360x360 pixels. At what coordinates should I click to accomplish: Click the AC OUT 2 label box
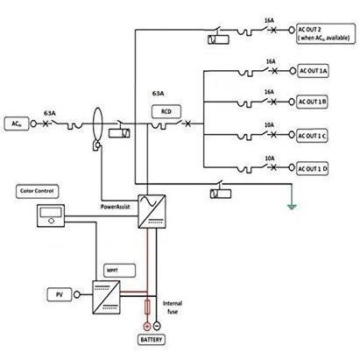(326, 34)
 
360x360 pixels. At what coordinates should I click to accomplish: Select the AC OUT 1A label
(313, 71)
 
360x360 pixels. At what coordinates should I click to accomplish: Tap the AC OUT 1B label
(312, 102)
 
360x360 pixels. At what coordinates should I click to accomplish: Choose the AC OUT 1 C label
(312, 136)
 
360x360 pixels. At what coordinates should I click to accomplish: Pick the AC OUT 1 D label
(312, 169)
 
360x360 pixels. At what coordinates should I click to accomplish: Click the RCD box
(166, 111)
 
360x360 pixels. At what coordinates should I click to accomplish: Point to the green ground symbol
(292, 207)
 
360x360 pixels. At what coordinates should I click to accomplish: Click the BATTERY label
(151, 340)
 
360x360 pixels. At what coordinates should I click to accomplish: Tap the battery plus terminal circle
(147, 326)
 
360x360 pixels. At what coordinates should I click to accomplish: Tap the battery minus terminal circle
(157, 325)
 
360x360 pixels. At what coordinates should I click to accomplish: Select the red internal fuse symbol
(147, 307)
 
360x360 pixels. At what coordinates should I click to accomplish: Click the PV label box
(60, 294)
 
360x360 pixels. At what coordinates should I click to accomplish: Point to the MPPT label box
(119, 271)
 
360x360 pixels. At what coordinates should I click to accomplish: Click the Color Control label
(37, 191)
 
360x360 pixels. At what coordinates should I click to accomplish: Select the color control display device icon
(51, 215)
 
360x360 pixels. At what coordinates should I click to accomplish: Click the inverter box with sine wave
(152, 212)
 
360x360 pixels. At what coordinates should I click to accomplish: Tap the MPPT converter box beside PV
(106, 297)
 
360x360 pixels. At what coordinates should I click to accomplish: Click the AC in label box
(17, 124)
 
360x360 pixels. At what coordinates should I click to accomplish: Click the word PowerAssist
(115, 207)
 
